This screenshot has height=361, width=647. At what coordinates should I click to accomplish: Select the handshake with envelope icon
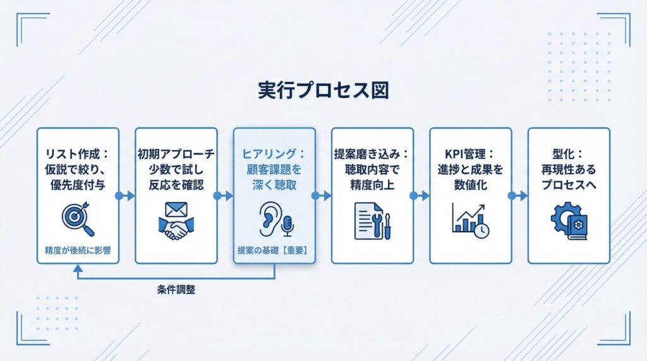176,220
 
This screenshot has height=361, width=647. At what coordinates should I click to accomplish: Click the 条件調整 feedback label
176,290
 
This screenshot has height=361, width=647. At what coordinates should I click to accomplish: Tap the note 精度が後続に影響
77,250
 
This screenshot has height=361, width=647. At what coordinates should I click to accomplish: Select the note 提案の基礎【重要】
274,250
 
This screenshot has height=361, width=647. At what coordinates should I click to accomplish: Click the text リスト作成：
78,153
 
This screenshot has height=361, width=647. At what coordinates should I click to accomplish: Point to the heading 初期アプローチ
176,153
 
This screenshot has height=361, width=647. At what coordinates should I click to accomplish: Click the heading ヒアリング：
274,153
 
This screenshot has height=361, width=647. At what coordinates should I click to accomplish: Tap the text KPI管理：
471,153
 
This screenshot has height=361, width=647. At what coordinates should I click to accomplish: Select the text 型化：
569,153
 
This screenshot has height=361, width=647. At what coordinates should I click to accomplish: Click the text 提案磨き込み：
373,153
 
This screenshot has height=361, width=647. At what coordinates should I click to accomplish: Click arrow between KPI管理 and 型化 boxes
519,196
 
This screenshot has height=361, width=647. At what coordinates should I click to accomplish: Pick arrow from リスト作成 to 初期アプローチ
126,196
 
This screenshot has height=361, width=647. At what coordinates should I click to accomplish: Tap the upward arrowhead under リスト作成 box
78,269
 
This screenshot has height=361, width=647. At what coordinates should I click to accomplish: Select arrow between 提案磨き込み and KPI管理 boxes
421,196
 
